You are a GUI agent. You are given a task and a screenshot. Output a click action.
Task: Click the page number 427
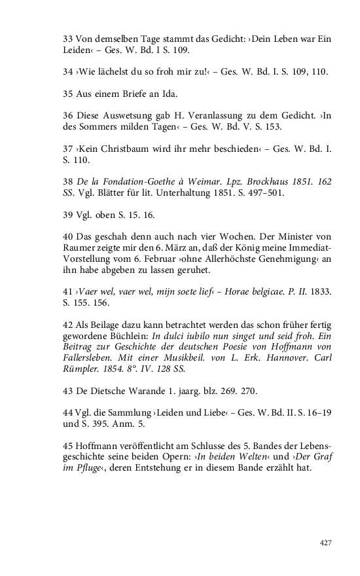click(x=325, y=543)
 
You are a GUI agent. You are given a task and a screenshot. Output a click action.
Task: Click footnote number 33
click(x=67, y=39)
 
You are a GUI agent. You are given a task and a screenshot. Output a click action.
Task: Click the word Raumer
click(x=81, y=247)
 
